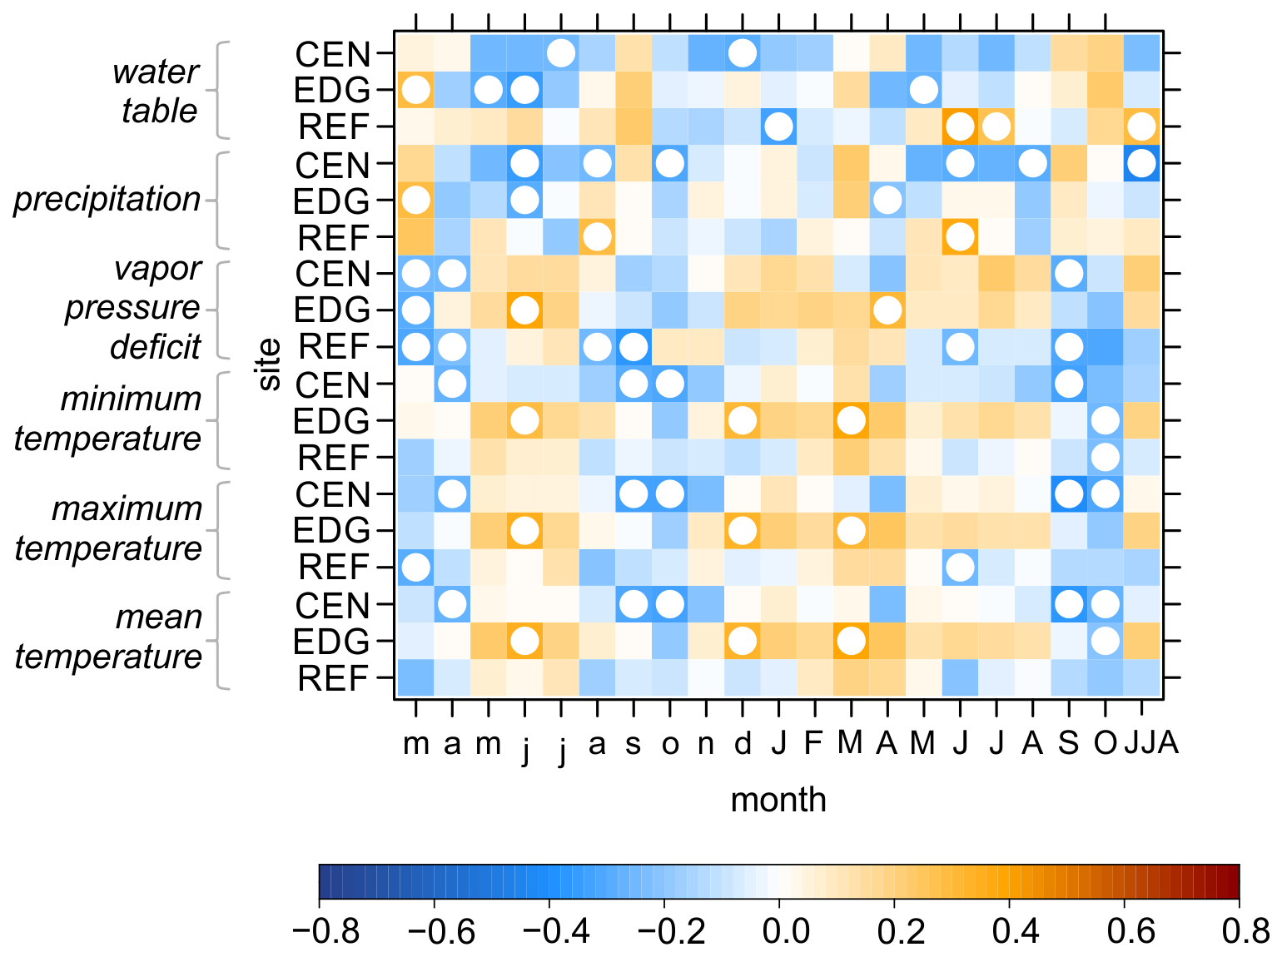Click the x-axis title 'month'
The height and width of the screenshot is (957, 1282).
click(778, 800)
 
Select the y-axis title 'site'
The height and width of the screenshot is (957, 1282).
click(269, 365)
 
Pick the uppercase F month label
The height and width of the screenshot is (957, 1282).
click(813, 742)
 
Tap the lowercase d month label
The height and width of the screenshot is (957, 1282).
click(742, 742)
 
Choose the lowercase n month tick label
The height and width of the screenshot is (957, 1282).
click(706, 742)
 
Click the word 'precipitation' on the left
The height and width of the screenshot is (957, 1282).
click(107, 200)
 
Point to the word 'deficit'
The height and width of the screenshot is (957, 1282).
click(155, 347)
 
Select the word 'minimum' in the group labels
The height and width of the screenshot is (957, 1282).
click(131, 399)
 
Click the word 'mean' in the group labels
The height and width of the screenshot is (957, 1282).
click(158, 617)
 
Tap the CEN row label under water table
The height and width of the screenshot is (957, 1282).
click(332, 54)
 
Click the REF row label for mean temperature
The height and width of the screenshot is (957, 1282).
click(333, 679)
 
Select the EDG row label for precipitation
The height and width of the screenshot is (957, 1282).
click(332, 201)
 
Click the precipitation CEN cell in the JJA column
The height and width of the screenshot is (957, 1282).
click(1141, 163)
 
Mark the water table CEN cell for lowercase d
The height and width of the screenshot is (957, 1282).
click(742, 53)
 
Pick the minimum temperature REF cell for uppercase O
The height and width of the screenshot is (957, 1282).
click(1105, 457)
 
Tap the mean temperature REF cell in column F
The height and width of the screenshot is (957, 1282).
click(814, 677)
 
